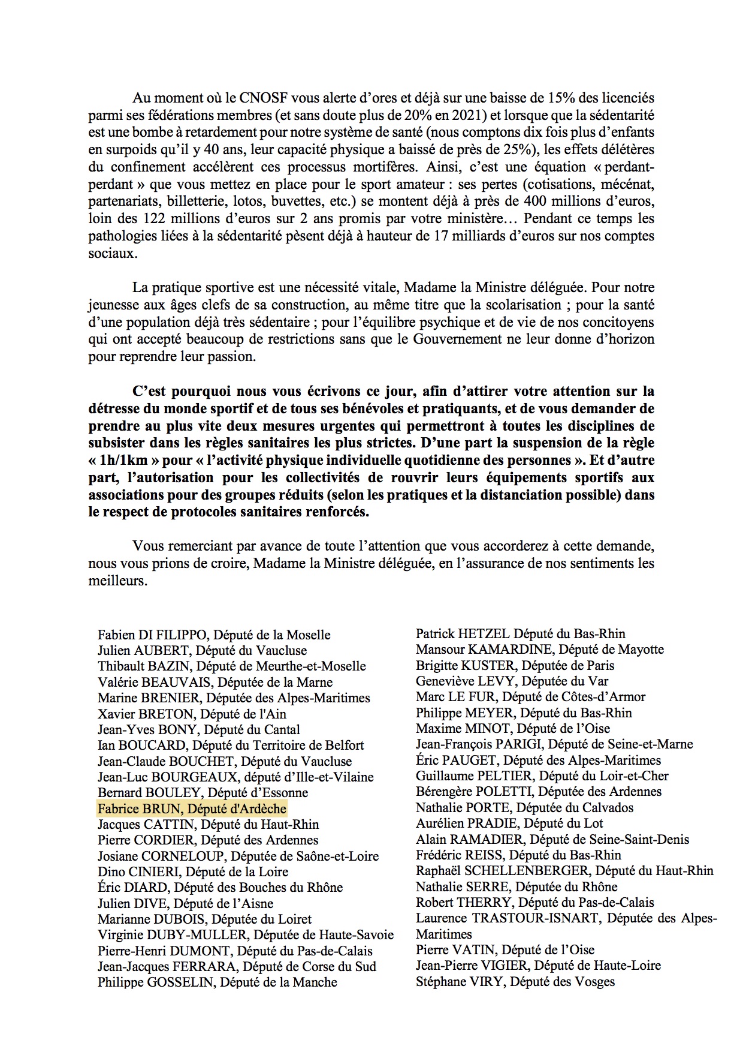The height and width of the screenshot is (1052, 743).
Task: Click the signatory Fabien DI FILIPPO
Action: [153, 635]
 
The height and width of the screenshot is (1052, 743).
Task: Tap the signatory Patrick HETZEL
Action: [463, 633]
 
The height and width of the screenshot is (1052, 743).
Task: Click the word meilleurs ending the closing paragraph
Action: [117, 581]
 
